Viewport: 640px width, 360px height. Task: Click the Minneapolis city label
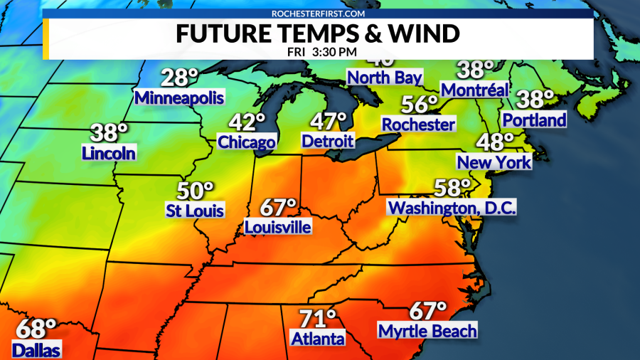click(179, 97)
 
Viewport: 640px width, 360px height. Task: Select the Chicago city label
click(246, 142)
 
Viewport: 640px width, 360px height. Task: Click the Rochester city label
click(418, 125)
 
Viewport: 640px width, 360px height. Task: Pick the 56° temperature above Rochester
click(419, 105)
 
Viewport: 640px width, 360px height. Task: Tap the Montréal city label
click(475, 90)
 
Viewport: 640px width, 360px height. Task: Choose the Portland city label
click(534, 120)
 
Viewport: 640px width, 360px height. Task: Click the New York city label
click(494, 162)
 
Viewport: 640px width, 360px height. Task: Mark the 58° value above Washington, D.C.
click(453, 189)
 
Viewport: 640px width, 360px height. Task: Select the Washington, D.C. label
click(452, 208)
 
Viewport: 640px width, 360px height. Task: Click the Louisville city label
click(277, 227)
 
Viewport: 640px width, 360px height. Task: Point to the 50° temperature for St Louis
click(195, 191)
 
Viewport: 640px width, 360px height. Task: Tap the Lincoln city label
click(109, 152)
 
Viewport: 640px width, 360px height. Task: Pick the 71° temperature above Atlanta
click(317, 318)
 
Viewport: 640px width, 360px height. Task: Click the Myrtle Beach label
click(427, 331)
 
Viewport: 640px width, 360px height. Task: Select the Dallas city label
click(36, 349)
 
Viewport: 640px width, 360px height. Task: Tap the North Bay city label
click(385, 78)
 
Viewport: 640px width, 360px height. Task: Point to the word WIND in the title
click(423, 34)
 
